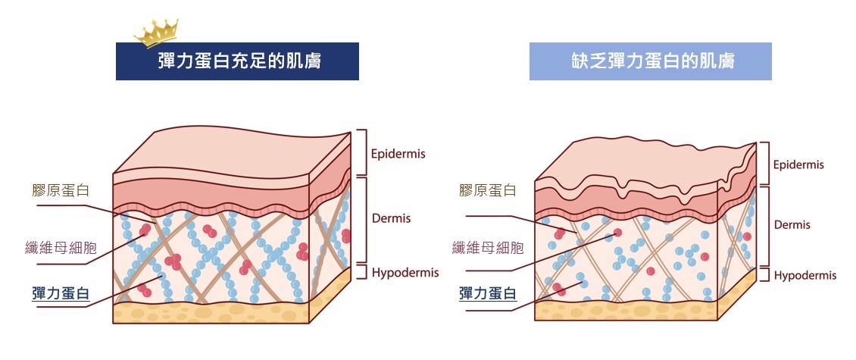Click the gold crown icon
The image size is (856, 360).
pos(155,33)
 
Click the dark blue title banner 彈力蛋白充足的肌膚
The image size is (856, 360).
pos(237,61)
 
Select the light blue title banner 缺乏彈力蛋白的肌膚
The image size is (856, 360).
pos(650,61)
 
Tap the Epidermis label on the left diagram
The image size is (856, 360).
pos(398,154)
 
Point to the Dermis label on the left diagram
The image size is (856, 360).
pos(391,218)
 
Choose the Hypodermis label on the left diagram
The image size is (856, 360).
pos(405,273)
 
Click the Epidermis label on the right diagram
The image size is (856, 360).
pos(798,164)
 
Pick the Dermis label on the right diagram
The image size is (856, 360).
pos(792,225)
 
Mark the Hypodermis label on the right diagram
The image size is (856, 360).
pos(805,276)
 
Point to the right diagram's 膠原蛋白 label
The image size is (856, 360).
pos(488,190)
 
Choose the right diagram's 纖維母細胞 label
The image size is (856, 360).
pos(488,247)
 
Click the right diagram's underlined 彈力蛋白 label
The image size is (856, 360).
pos(488,293)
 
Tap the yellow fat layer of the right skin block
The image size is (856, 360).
pos(625,310)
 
